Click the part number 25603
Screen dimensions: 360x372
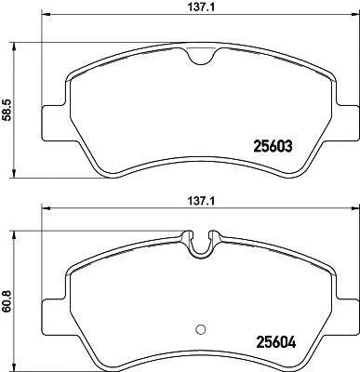click(273, 146)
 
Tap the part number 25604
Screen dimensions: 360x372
click(276, 342)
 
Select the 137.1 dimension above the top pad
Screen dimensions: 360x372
click(201, 7)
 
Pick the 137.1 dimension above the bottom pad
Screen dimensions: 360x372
click(201, 201)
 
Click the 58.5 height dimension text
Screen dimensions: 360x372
click(7, 110)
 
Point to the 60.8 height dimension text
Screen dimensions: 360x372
click(7, 300)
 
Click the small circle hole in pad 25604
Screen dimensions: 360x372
click(201, 329)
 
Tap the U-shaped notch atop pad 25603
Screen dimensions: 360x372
click(201, 58)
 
